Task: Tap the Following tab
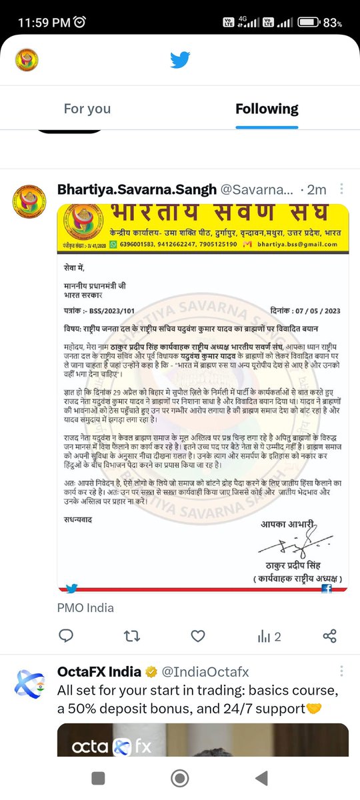(267, 109)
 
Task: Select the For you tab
(87, 109)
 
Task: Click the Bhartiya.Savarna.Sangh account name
(137, 189)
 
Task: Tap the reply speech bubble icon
(66, 636)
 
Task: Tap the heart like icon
(198, 636)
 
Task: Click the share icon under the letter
(329, 636)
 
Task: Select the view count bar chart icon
(263, 636)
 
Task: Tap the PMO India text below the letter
(85, 607)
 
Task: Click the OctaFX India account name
(99, 671)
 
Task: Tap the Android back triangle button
(261, 777)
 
